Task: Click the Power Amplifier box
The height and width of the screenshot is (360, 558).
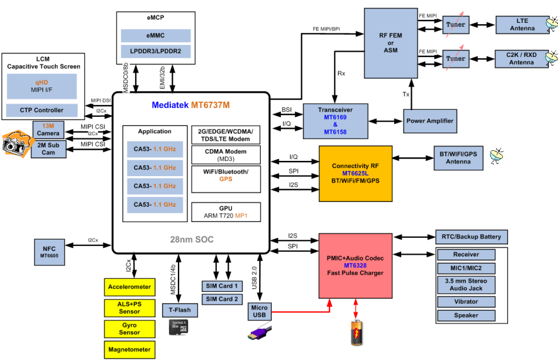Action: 430,120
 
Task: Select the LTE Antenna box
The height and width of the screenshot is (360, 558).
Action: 522,25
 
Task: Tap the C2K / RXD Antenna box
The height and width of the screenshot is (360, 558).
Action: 522,59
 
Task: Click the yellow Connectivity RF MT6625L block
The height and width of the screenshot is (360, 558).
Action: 355,174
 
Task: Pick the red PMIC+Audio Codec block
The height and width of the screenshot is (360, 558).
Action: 355,265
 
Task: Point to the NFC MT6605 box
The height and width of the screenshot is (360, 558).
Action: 49,251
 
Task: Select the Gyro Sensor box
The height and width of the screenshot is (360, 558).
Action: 130,328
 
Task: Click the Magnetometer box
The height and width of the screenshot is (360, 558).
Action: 130,349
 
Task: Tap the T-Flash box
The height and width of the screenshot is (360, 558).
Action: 180,311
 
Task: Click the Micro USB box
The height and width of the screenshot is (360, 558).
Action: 259,311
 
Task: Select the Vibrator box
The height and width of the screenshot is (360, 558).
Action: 466,301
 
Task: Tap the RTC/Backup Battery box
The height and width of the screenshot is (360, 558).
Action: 470,237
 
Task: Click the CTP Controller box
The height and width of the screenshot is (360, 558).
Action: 41,110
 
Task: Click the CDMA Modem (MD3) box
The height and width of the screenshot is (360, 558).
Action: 226,155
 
